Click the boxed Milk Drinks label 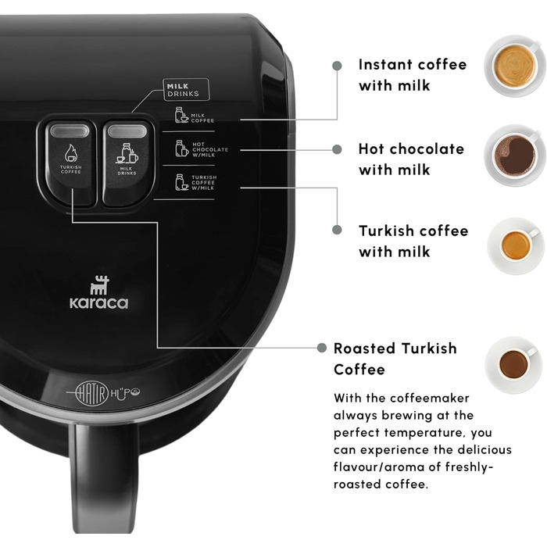point(186,90)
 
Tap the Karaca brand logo point(98,292)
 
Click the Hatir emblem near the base point(92,393)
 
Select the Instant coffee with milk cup point(514,66)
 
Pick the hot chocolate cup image point(515,155)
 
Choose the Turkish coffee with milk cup point(516,245)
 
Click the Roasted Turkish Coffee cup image point(513,365)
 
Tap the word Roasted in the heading point(364,349)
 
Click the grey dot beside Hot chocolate point(337,149)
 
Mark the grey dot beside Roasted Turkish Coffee point(322,348)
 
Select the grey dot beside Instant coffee point(337,66)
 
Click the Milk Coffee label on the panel point(195,116)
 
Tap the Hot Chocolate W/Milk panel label point(202,149)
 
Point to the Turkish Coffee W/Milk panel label point(195,182)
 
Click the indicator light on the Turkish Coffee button point(70,130)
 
